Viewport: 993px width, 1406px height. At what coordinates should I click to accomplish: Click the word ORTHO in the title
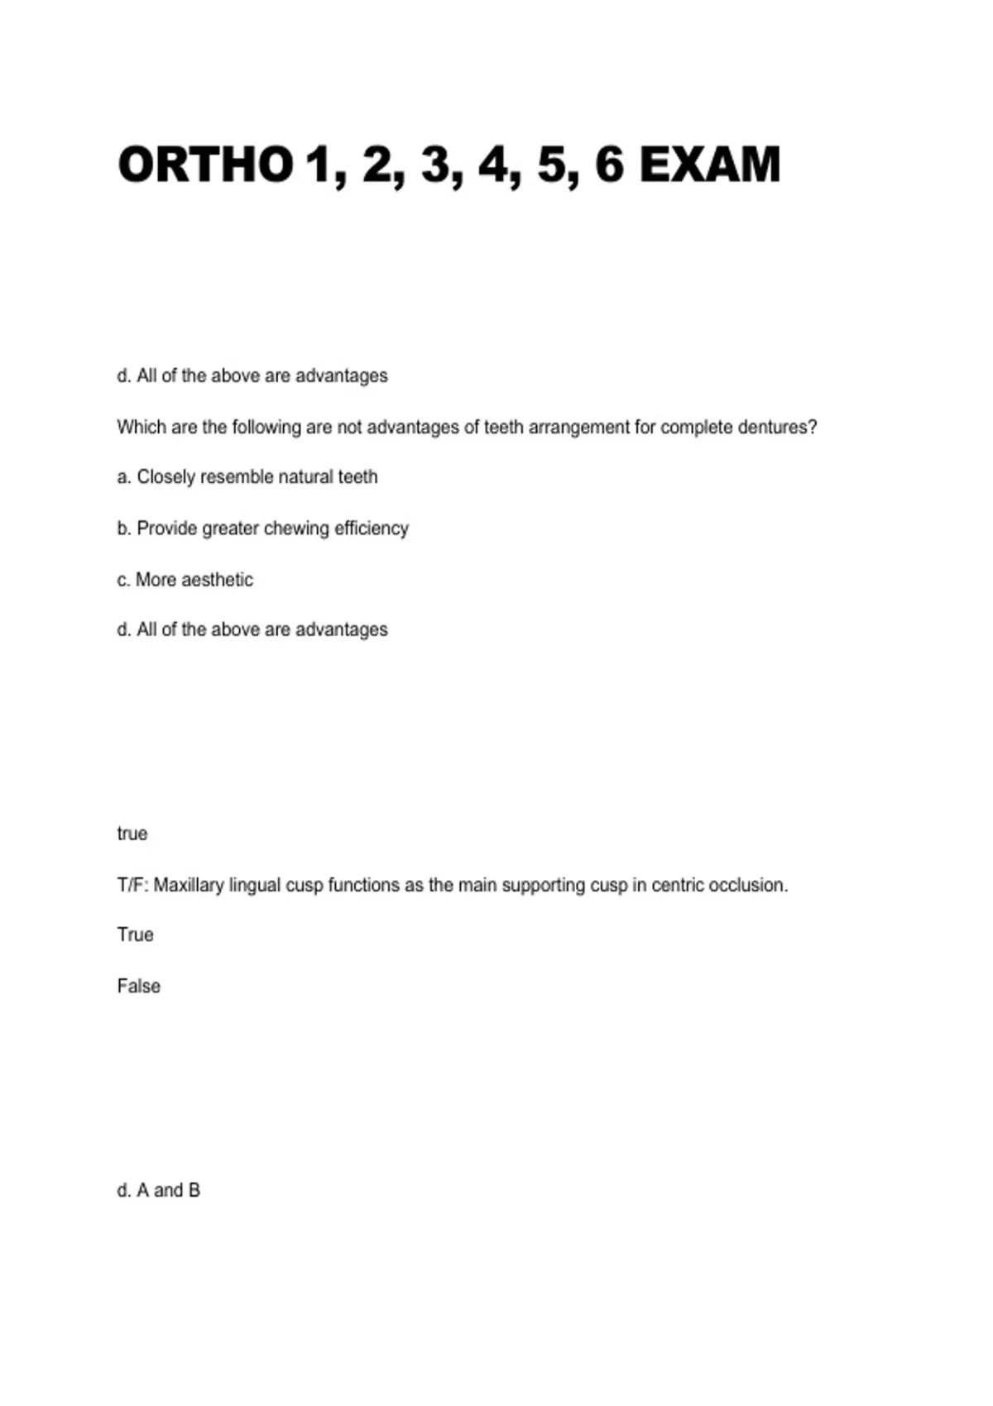205,164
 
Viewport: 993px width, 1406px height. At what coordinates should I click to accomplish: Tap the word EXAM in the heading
710,164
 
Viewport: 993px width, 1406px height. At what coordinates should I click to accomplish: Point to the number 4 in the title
493,164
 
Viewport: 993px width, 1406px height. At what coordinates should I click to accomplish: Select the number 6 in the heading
608,164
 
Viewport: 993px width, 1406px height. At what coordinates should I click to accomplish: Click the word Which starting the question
142,428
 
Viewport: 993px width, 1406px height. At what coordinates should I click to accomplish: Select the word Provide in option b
166,528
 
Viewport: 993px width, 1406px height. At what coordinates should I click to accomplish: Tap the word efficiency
371,528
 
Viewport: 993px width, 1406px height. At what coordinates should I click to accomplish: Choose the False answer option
139,986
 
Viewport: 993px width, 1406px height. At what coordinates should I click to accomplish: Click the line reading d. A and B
159,1190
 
